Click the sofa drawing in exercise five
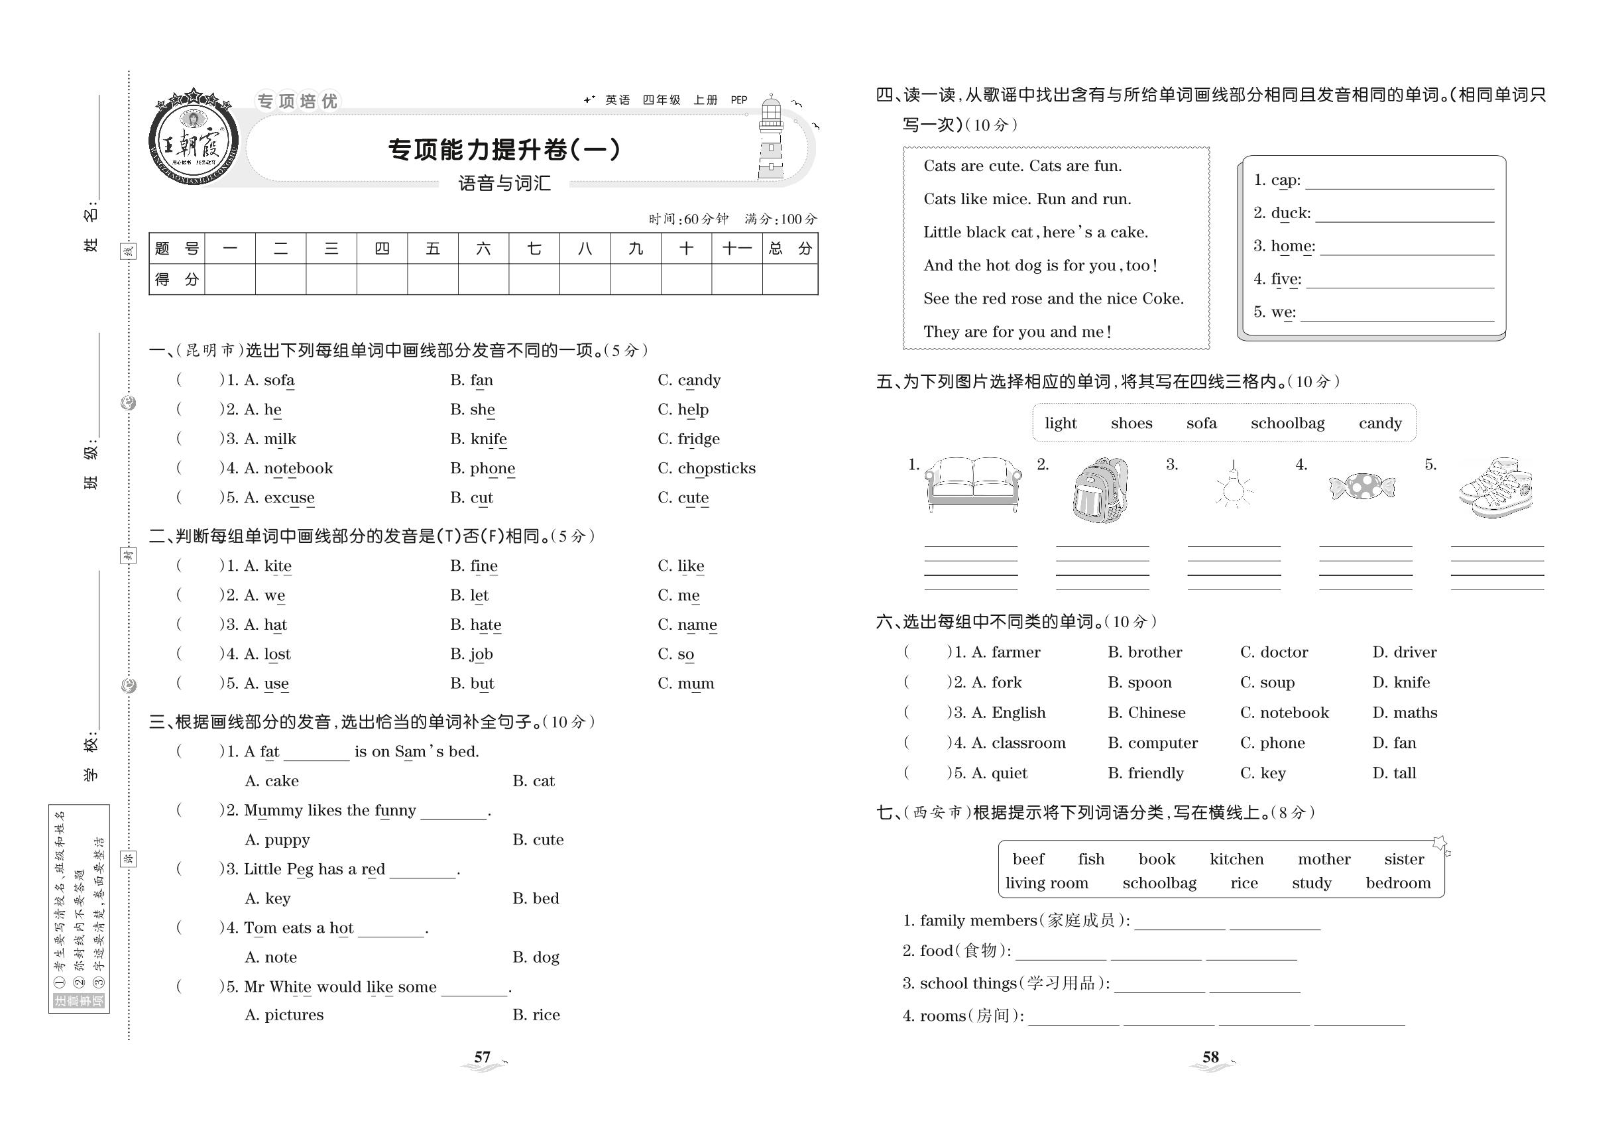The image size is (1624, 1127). pyautogui.click(x=972, y=484)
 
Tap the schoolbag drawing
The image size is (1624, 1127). pyautogui.click(x=1100, y=489)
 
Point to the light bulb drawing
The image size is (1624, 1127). pyautogui.click(x=1234, y=486)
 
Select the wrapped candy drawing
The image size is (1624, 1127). pyautogui.click(x=1362, y=487)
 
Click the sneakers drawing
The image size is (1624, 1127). pyautogui.click(x=1496, y=488)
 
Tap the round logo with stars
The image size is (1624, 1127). pyautogui.click(x=193, y=138)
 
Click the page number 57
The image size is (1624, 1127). pyautogui.click(x=483, y=1057)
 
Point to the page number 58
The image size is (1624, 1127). pyautogui.click(x=1210, y=1057)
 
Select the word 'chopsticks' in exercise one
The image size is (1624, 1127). pyautogui.click(x=716, y=468)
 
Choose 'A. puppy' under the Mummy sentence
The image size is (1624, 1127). pyautogui.click(x=277, y=839)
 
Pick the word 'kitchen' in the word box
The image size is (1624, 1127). pyautogui.click(x=1236, y=859)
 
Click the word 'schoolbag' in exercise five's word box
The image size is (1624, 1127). pyautogui.click(x=1287, y=424)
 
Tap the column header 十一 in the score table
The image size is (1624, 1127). pyautogui.click(x=736, y=249)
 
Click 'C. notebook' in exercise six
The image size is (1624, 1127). pyautogui.click(x=1284, y=713)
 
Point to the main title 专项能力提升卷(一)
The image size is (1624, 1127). pyautogui.click(x=504, y=150)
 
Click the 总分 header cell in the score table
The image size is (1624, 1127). pyautogui.click(x=790, y=249)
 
